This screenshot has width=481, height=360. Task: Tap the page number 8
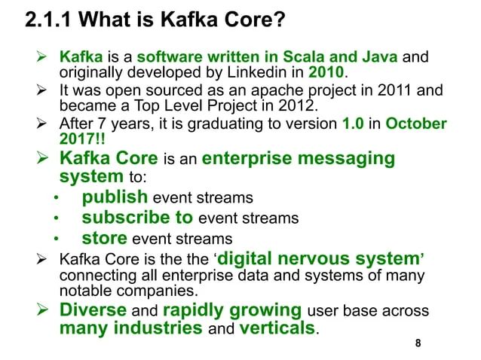(x=418, y=344)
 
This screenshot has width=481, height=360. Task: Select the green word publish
(x=115, y=198)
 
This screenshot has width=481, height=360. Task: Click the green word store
(x=105, y=239)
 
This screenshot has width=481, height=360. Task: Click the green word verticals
(x=276, y=328)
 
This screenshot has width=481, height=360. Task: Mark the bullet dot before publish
(x=56, y=200)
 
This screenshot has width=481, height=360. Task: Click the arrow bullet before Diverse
(x=43, y=310)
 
